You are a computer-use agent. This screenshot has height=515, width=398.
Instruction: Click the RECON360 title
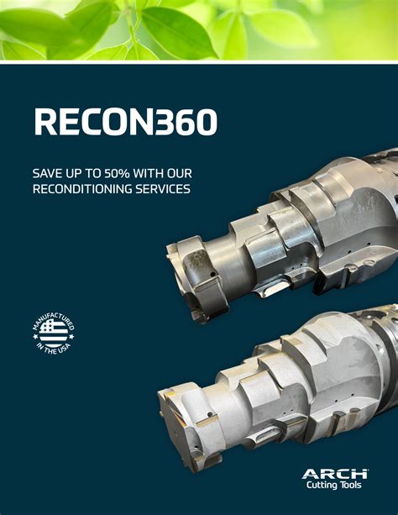pos(125,121)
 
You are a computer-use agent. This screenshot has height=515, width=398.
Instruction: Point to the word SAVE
pos(45,173)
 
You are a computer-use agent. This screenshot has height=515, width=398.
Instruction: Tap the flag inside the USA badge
pos(54,334)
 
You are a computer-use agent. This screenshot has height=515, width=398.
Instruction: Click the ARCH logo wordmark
pos(335,475)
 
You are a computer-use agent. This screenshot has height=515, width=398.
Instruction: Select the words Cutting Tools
pos(333,485)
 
